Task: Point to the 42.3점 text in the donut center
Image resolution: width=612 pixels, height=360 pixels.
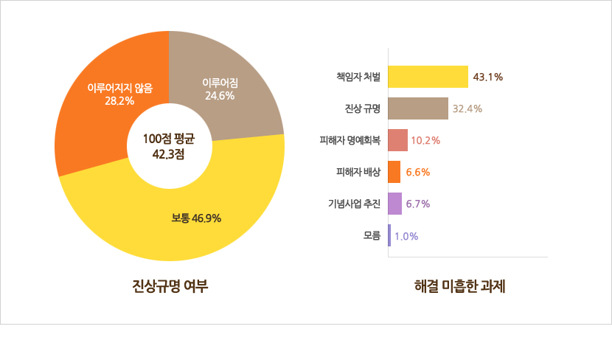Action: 168,155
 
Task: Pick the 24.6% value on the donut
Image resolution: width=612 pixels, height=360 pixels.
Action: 220,95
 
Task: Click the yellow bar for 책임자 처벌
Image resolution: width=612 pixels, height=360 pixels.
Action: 428,77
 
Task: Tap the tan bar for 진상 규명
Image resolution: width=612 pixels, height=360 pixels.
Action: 418,108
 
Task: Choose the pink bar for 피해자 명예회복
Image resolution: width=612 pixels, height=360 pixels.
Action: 397,140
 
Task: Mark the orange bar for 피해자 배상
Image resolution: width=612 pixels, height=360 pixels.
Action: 394,172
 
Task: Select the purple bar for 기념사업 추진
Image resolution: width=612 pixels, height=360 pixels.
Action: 394,204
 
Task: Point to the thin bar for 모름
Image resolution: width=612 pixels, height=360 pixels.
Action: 389,236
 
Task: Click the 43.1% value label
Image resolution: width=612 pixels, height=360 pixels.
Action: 488,77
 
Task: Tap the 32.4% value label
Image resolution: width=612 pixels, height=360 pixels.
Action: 467,108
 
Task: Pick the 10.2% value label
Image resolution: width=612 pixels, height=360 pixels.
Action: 425,140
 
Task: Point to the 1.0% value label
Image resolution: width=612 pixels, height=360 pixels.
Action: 406,236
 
